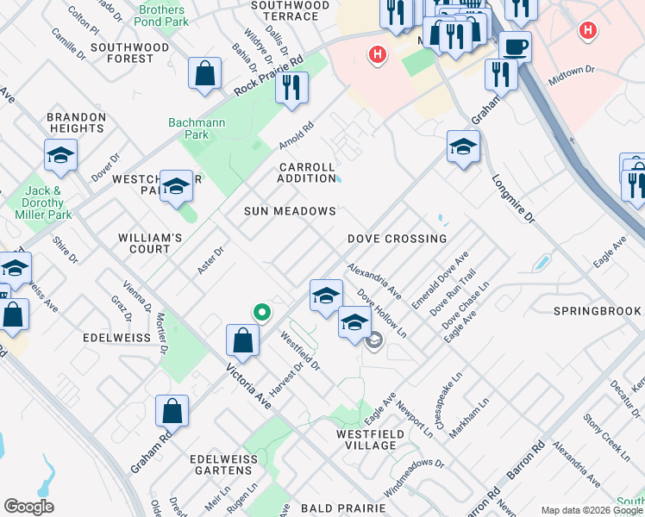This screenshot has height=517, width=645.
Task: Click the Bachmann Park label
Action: coord(197,128)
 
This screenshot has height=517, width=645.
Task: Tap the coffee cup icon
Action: coord(515,47)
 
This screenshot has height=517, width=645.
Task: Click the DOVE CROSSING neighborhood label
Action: coord(397,239)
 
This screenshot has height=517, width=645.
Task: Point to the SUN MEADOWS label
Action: coord(289,211)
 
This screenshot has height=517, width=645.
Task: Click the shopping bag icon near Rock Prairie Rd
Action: coord(206,75)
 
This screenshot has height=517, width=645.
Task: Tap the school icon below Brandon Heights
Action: coord(60,156)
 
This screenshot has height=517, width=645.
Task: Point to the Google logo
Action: coord(28,507)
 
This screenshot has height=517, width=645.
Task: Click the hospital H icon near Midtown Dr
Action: coord(588,30)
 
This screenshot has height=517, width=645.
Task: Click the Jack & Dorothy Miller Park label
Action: coord(54,202)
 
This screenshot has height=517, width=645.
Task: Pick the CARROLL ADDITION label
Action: coord(306,173)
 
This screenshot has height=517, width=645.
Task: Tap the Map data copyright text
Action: coord(592,510)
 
